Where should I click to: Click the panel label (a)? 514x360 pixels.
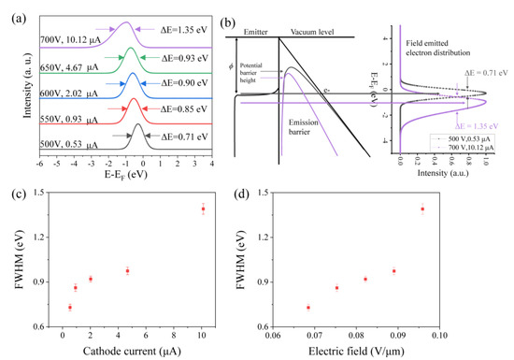(x=16, y=10)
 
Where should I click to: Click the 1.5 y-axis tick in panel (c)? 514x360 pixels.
(x=36, y=192)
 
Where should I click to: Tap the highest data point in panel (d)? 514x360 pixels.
(x=422, y=209)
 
